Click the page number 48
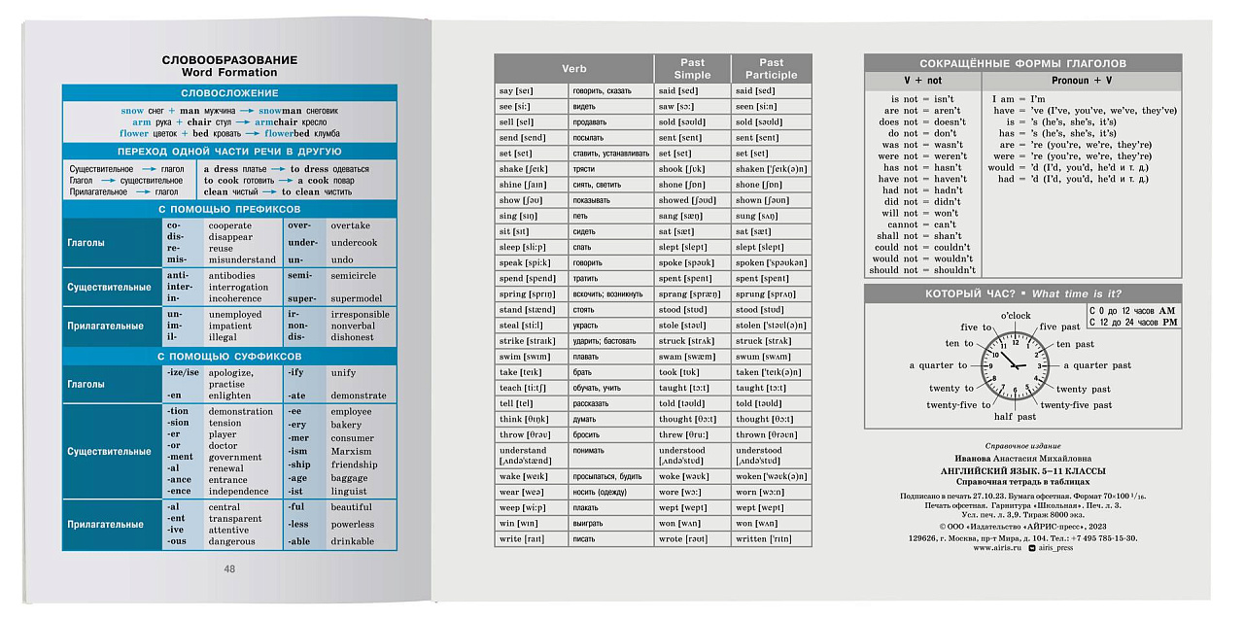(229, 569)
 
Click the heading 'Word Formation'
(229, 73)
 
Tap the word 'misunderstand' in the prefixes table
(243, 260)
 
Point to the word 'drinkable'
(352, 541)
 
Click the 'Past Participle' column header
(771, 69)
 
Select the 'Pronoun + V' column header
(1081, 81)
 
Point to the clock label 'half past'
(1015, 417)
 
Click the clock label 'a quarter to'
(938, 365)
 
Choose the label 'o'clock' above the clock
(1016, 316)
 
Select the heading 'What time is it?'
(1077, 294)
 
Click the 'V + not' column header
(922, 81)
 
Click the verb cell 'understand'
(523, 451)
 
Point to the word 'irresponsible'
(360, 315)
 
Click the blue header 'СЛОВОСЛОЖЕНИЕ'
(229, 93)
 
